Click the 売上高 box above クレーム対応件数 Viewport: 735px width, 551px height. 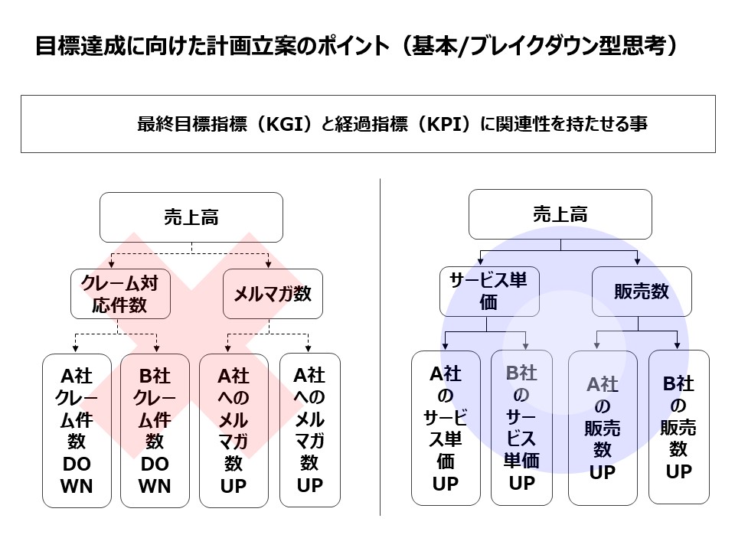click(191, 217)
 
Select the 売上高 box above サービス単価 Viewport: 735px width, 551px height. click(560, 214)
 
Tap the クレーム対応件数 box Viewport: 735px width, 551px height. click(120, 294)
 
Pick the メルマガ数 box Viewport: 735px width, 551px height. click(273, 294)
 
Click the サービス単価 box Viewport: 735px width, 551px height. click(489, 292)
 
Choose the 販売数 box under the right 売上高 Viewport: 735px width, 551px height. click(642, 292)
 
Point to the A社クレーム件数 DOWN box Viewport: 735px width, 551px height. click(77, 431)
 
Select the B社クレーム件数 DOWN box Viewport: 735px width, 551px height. click(155, 431)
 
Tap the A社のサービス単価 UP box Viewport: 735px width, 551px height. click(446, 429)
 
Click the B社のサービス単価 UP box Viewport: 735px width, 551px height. click(521, 429)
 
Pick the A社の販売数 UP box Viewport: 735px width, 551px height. click(603, 429)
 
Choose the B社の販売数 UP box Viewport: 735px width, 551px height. click(679, 427)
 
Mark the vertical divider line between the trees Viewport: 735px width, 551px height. click(381, 347)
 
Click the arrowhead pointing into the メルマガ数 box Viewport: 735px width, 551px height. click(269, 265)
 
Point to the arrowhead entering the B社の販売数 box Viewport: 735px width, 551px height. click(677, 346)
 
